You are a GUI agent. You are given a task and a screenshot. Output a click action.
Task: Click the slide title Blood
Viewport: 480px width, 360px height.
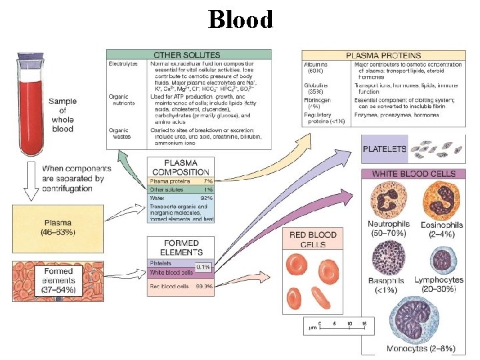tap(241, 19)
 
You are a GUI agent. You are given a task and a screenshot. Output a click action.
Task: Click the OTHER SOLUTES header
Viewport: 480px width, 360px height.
tap(189, 54)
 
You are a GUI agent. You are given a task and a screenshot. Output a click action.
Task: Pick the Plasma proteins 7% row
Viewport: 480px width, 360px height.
tap(181, 181)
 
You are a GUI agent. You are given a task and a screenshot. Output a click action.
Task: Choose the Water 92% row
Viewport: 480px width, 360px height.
tap(181, 197)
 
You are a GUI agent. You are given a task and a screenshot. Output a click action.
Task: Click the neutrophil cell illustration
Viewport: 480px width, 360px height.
tap(389, 199)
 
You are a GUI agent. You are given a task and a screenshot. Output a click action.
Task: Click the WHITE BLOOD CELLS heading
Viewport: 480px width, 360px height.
tap(413, 173)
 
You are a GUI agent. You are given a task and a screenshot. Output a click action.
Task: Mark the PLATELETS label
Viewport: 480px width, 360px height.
tap(384, 149)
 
